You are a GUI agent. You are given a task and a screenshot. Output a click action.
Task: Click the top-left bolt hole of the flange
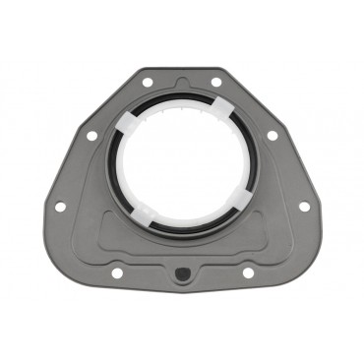coord(147,83)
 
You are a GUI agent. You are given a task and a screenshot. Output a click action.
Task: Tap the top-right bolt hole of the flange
coord(215,83)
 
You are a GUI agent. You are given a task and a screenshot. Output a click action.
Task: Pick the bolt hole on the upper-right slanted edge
coord(272,135)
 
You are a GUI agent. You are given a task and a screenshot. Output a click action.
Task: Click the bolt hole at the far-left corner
coord(60,207)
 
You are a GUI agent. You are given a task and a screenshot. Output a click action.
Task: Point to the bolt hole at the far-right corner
coord(303,207)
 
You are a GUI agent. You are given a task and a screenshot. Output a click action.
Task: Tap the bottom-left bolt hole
coord(116,272)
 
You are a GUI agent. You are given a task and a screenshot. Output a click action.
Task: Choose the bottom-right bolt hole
coord(247,272)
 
